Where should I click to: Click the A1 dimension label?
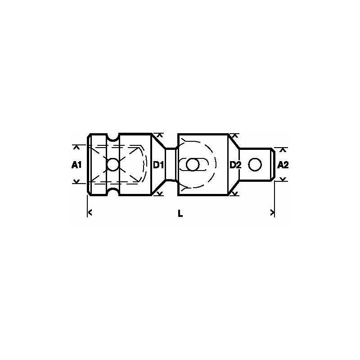pyautogui.click(x=76, y=165)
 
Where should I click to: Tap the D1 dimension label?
pyautogui.click(x=157, y=165)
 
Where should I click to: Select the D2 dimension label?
pyautogui.click(x=235, y=165)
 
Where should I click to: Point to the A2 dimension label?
pyautogui.click(x=283, y=165)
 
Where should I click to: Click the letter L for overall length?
pyautogui.click(x=180, y=214)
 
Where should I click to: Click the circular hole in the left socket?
pyautogui.click(x=112, y=165)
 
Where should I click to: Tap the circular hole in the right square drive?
pyautogui.click(x=255, y=165)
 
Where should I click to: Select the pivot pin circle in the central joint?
pyautogui.click(x=193, y=165)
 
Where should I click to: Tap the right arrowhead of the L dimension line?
pyautogui.click(x=272, y=212)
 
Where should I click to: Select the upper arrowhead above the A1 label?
pyautogui.click(x=76, y=147)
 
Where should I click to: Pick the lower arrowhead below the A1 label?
pyautogui.click(x=76, y=182)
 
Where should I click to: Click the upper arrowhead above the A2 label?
pyautogui.click(x=283, y=149)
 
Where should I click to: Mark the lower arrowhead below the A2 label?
pyautogui.click(x=283, y=180)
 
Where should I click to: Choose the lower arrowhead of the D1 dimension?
pyautogui.click(x=157, y=194)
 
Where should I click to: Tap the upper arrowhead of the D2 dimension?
pyautogui.click(x=234, y=135)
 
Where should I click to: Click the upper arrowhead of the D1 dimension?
pyautogui.click(x=157, y=135)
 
